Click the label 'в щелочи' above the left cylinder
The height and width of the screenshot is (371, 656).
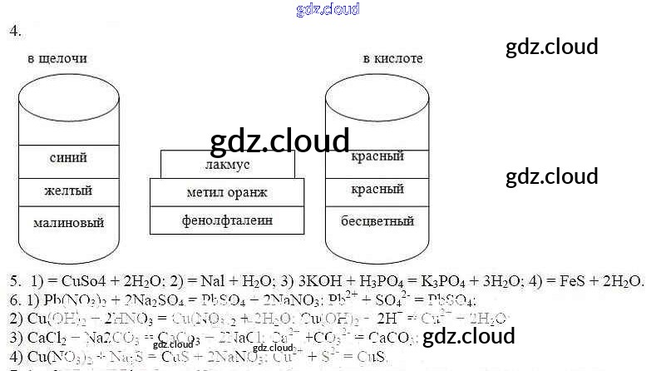[x=57, y=59]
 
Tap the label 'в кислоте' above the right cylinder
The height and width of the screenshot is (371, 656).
[x=392, y=59]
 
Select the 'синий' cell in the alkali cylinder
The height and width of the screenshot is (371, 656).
[x=68, y=158]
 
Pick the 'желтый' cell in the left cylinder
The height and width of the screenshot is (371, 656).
[x=68, y=190]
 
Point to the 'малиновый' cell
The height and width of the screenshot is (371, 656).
[x=68, y=223]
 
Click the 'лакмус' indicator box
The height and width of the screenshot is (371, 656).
[x=227, y=165]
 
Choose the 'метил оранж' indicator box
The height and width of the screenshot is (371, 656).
[x=227, y=193]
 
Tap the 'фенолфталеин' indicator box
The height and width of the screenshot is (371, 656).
[x=227, y=220]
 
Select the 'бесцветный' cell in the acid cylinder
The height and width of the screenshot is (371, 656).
[x=377, y=222]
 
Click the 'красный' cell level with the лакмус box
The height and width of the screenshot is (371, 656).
[x=377, y=156]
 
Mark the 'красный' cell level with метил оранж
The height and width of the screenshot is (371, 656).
[x=377, y=190]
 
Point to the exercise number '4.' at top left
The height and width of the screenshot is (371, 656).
[x=15, y=31]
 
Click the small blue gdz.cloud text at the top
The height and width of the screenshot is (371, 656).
[x=328, y=9]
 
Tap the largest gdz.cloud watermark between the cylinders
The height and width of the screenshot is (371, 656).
[x=280, y=141]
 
